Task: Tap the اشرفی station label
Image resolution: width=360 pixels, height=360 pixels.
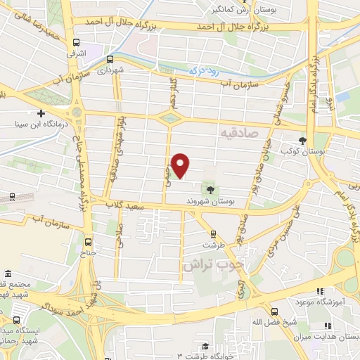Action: point(75,53)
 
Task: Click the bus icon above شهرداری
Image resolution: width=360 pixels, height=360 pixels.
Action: point(110,59)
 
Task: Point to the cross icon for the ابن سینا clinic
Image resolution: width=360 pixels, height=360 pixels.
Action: point(41,113)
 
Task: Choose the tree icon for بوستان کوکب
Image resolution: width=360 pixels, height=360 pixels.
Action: point(303,140)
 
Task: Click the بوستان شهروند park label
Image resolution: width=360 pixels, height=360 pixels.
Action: point(210,200)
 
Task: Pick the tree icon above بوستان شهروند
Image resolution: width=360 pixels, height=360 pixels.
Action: point(210,188)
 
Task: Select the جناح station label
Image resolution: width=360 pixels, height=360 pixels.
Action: point(87,251)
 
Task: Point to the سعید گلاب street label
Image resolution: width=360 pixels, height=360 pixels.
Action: point(124,204)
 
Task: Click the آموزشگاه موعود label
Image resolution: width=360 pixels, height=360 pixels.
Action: point(326,301)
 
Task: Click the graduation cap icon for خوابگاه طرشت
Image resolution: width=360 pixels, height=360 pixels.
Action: point(205,346)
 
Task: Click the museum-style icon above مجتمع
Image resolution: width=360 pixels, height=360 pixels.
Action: point(8,273)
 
